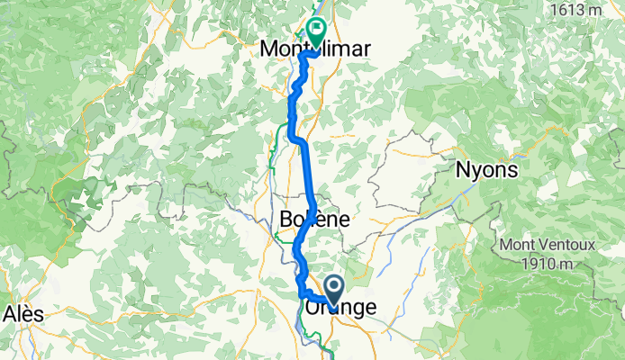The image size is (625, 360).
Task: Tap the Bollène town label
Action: tap(314, 219)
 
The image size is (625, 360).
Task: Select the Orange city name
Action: tap(340, 308)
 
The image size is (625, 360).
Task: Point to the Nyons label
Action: tap(488, 169)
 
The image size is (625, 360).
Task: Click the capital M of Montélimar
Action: tap(267, 50)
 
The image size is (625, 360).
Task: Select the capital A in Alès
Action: tap(10, 313)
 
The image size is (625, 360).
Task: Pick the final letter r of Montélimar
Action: tap(365, 50)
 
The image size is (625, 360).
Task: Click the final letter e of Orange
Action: tap(372, 309)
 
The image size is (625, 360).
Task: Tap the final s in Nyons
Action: tap(514, 170)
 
